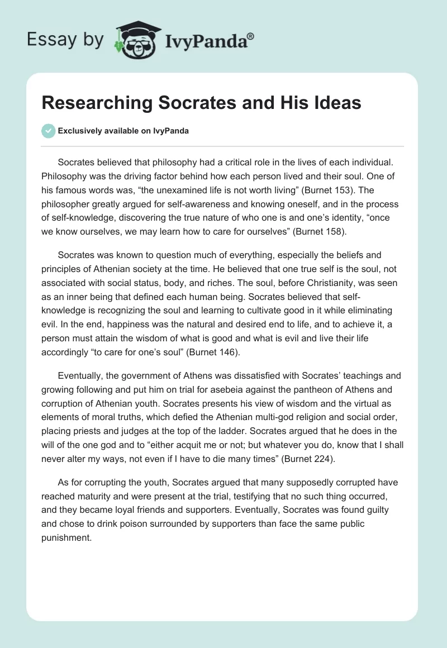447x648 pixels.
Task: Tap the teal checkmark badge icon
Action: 48,131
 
